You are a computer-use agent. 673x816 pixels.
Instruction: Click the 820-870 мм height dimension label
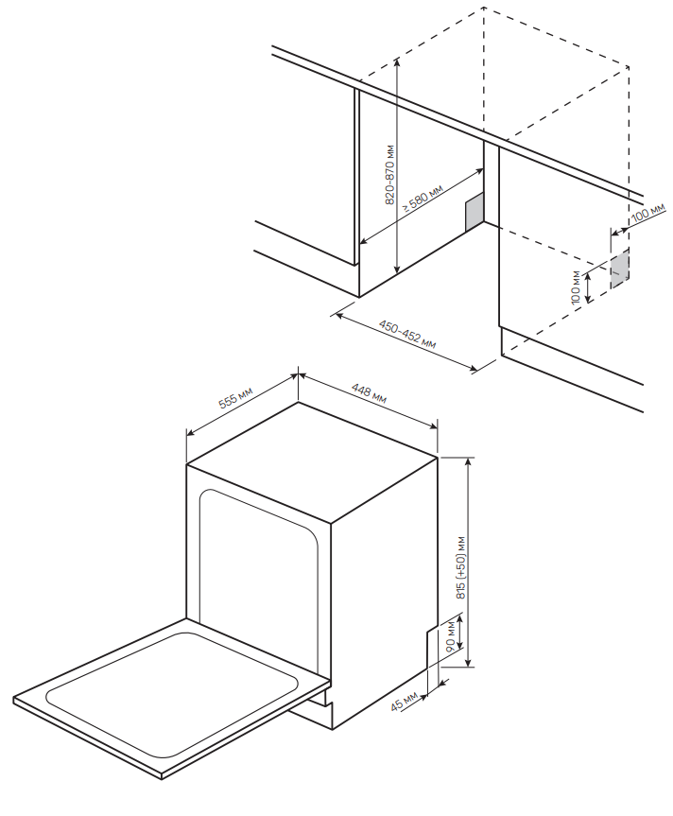coord(390,175)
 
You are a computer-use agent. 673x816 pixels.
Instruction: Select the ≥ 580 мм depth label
coord(423,199)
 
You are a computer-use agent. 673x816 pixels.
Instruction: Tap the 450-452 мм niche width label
coord(407,335)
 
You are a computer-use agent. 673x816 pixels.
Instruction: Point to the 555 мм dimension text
coord(235,398)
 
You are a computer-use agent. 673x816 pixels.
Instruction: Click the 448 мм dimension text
coord(369,393)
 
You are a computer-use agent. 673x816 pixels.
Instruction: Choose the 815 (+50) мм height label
coord(461,567)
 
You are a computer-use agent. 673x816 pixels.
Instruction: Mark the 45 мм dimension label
coord(405,702)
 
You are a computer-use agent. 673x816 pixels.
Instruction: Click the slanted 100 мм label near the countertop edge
coord(648,213)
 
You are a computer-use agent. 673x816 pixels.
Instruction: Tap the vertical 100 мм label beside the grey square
coord(576,287)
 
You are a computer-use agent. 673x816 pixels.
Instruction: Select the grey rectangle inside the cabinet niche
coord(475,212)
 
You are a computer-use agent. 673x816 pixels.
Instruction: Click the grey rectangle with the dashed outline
coord(619,268)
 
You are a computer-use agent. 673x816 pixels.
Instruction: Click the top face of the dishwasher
coord(312,461)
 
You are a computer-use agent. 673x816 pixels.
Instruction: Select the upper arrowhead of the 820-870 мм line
coord(397,61)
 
